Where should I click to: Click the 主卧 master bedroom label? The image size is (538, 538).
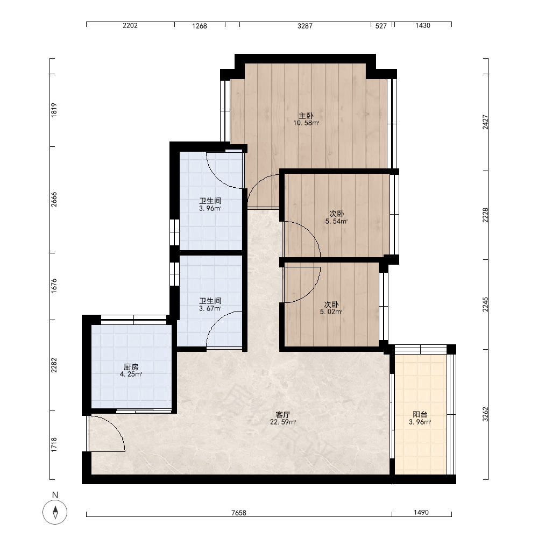pos(306,116)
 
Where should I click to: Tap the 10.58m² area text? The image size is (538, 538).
pos(306,123)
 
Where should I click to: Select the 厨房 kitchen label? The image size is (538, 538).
pos(131,367)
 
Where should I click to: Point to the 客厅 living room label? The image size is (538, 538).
pos(283,414)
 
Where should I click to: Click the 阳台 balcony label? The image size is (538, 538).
pos(420,414)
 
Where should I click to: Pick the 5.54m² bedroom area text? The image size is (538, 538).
pos(336,221)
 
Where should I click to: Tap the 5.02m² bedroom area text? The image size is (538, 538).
pos(331,312)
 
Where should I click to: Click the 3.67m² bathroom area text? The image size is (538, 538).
pos(210,308)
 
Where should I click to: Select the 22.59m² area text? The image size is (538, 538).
pos(283,422)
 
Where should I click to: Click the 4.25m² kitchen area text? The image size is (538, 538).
pos(131,374)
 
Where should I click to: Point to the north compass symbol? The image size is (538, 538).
pos(55,512)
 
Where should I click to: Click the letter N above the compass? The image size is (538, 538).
pos(55,495)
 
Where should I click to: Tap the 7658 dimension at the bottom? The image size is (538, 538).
pos(239,513)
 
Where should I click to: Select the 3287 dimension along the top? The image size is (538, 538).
pos(305,26)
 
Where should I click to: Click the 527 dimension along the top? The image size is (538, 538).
pos(381,26)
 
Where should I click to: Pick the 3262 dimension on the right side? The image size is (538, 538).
pos(485,414)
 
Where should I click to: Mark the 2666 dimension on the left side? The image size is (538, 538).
pos(54,200)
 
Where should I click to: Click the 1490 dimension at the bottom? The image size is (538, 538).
pos(421,512)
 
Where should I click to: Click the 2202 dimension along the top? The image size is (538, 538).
pos(130,25)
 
